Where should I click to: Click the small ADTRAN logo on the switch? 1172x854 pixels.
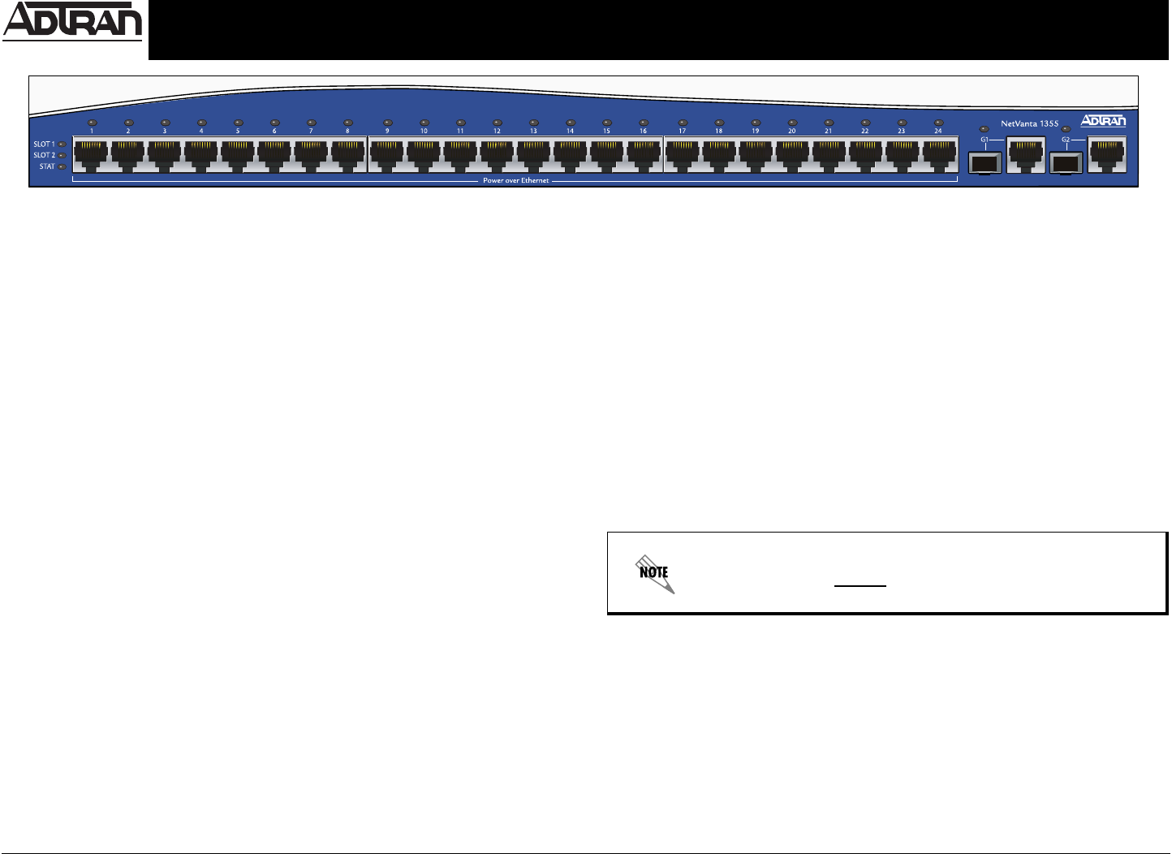pyautogui.click(x=1103, y=121)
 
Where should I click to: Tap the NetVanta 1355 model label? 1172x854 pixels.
pyautogui.click(x=1029, y=123)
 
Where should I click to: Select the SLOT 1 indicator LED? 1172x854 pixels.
pyautogui.click(x=62, y=144)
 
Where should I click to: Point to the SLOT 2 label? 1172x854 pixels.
pyautogui.click(x=44, y=155)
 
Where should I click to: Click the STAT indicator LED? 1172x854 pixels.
pyautogui.click(x=62, y=166)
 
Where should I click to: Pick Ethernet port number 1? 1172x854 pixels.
pyautogui.click(x=91, y=154)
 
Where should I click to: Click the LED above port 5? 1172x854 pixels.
pyautogui.click(x=238, y=123)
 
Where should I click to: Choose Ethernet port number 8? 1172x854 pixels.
pyautogui.click(x=347, y=154)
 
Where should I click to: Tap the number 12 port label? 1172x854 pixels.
pyautogui.click(x=497, y=131)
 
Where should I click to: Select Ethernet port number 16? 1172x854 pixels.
pyautogui.click(x=643, y=154)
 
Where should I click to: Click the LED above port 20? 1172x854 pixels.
pyautogui.click(x=791, y=123)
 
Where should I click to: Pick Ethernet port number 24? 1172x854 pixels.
pyautogui.click(x=938, y=154)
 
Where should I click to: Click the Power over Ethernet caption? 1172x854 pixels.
pyautogui.click(x=515, y=180)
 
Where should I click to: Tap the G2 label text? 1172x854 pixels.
pyautogui.click(x=1066, y=139)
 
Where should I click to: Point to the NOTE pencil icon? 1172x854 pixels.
pyautogui.click(x=654, y=573)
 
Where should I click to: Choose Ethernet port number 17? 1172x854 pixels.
pyautogui.click(x=682, y=154)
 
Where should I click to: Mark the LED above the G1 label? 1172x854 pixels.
pyautogui.click(x=985, y=129)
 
